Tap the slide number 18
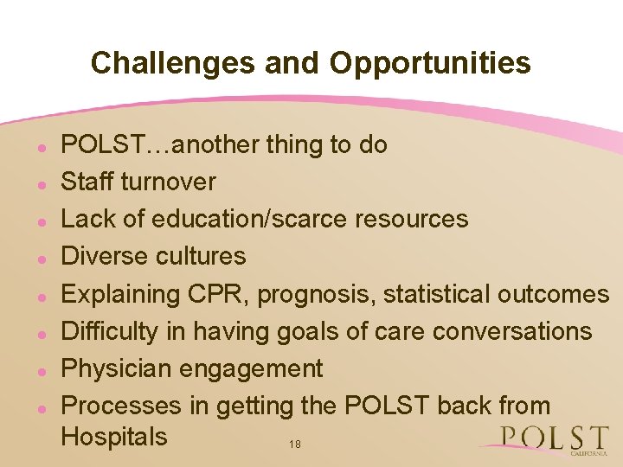[x=295, y=445]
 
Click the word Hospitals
[x=114, y=436]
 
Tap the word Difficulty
[x=111, y=332]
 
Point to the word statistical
[x=437, y=294]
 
